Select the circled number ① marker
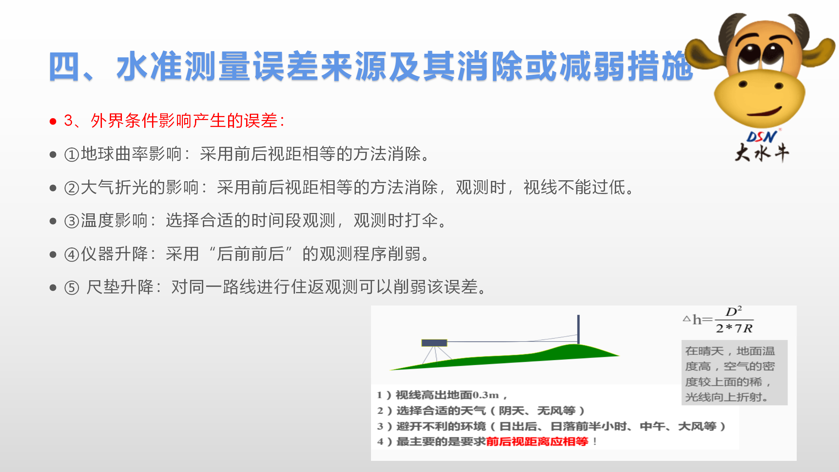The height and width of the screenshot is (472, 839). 72,155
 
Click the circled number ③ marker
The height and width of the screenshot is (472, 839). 72,221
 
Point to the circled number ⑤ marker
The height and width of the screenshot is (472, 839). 72,288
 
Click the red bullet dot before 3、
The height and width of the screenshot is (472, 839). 53,122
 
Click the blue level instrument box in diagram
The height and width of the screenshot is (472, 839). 434,343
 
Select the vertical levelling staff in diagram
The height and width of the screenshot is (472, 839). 578,329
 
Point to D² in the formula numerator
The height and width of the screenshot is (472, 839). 734,311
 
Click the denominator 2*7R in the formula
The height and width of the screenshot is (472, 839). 734,328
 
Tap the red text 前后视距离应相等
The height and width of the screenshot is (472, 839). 537,442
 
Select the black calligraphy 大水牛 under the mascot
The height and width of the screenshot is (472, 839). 762,153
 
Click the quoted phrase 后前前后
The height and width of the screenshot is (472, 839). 250,254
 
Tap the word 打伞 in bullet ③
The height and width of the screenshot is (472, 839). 422,220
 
